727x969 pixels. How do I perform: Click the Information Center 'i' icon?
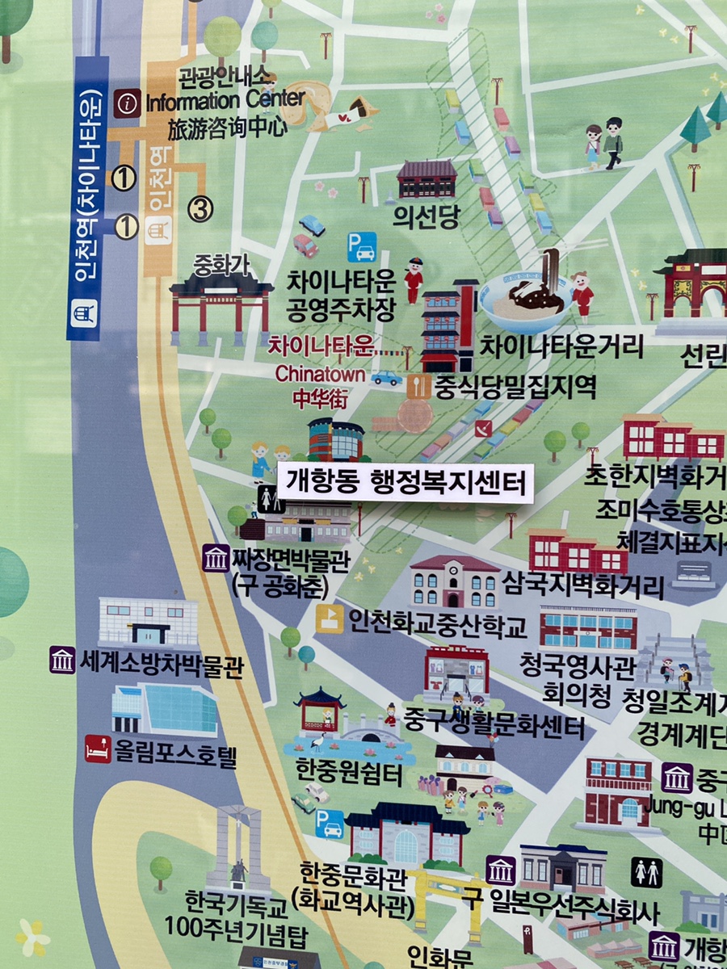[x=127, y=103]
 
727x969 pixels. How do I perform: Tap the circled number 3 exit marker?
[x=201, y=209]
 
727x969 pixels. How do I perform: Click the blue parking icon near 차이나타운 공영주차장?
[x=362, y=246]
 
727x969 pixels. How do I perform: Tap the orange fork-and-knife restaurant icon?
[x=418, y=386]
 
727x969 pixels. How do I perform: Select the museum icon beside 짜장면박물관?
[x=216, y=558]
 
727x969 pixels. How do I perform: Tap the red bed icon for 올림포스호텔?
[x=98, y=749]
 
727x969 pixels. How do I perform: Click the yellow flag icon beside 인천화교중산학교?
[x=329, y=619]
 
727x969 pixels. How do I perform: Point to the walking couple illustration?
[x=603, y=143]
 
